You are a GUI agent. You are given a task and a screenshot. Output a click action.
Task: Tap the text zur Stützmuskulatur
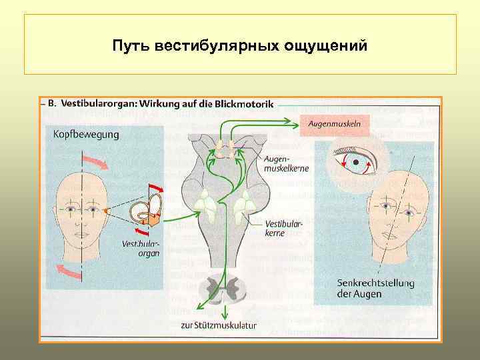point(219,326)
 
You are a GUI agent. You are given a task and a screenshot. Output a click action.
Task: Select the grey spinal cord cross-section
point(225,287)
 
